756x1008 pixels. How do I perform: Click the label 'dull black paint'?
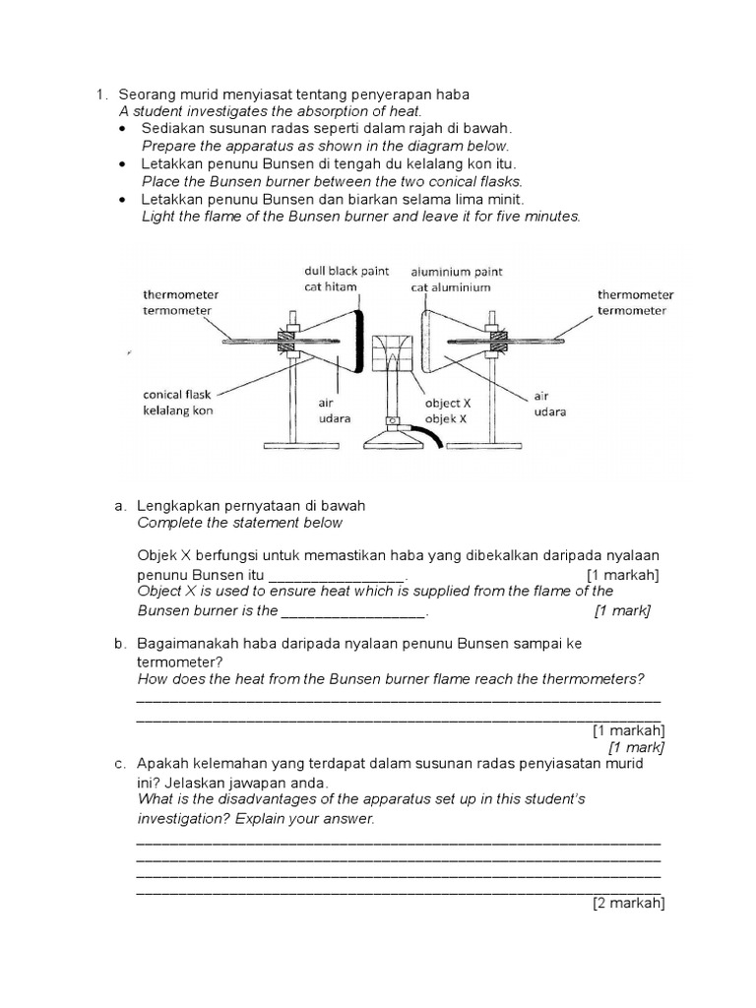[x=346, y=270]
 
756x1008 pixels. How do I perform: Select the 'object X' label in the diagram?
[x=448, y=403]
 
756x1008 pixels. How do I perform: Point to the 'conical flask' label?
[x=176, y=394]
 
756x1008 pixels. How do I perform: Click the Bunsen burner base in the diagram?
[x=393, y=437]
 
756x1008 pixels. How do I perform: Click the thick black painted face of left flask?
[x=359, y=341]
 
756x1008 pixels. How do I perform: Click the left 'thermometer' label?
[x=180, y=294]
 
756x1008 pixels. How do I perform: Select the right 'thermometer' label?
[x=635, y=294]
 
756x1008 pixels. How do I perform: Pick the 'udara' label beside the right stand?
[x=549, y=411]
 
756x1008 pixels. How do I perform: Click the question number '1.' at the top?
[x=101, y=94]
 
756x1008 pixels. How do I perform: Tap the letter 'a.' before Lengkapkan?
[x=121, y=505]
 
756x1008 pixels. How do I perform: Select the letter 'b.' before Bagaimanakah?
[x=121, y=644]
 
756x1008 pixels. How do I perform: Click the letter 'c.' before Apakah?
[x=121, y=764]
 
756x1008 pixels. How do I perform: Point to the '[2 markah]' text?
[x=628, y=904]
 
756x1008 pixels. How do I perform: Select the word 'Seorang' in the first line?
[x=148, y=94]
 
